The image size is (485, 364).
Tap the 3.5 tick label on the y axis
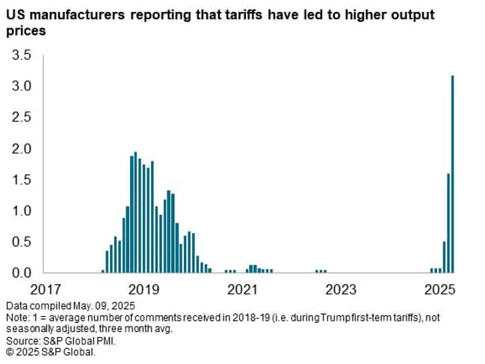click(x=22, y=55)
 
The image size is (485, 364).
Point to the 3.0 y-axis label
click(x=22, y=87)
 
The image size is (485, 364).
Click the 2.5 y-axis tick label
click(x=22, y=118)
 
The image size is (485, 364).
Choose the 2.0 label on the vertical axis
click(x=22, y=149)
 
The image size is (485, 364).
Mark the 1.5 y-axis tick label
click(x=22, y=180)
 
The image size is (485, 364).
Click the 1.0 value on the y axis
click(x=22, y=211)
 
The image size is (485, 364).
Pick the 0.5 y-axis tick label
click(x=22, y=242)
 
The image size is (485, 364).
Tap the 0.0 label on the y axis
click(x=22, y=273)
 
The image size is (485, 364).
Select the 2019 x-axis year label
click(x=143, y=289)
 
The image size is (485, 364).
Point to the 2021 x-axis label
click(x=243, y=289)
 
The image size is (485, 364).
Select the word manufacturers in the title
click(x=83, y=15)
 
